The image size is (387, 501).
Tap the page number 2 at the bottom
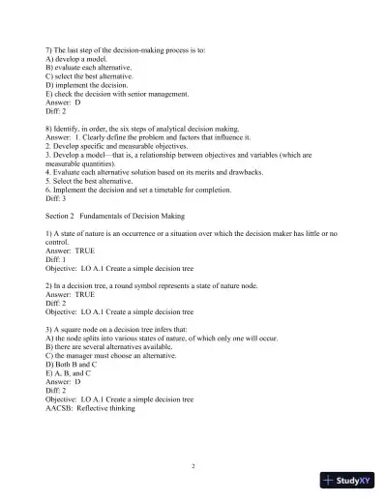point(193,466)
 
